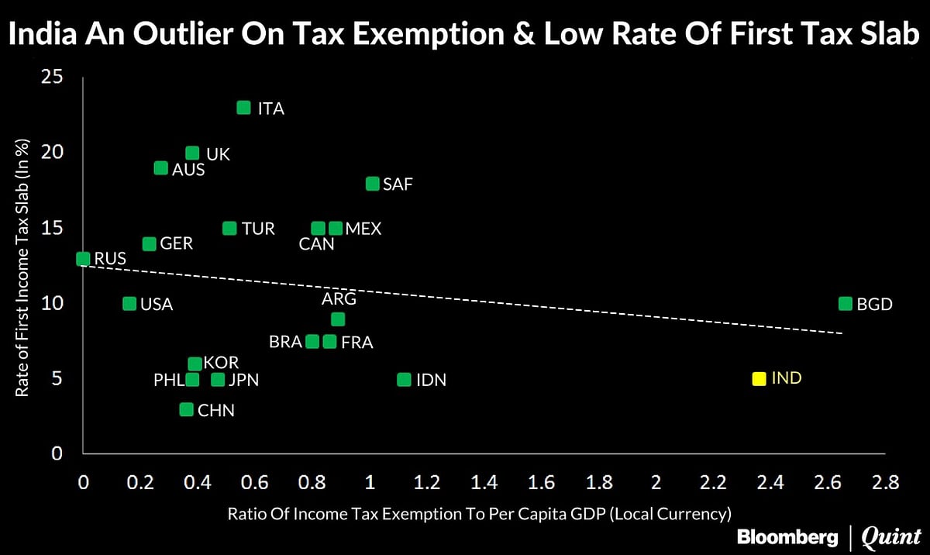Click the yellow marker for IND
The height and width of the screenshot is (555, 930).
759,379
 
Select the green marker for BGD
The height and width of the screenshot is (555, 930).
846,304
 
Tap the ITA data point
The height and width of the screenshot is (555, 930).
243,108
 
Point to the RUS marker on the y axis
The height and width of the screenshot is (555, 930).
83,259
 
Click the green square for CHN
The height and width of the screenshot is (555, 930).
186,409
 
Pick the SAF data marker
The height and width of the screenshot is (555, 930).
372,184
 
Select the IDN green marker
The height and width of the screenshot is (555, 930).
404,380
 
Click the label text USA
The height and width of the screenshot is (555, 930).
156,305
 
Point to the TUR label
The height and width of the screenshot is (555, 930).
258,229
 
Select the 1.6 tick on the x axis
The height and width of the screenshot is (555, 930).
541,482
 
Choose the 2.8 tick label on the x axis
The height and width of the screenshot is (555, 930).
884,482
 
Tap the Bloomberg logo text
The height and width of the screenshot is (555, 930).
787,536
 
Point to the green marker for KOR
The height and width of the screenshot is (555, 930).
195,364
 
